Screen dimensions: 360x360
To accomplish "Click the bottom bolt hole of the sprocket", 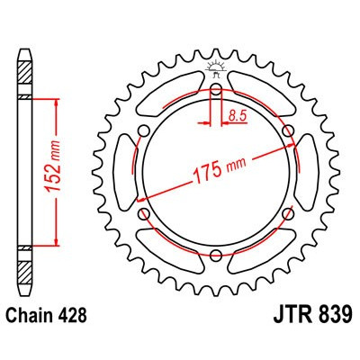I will pos(216,256).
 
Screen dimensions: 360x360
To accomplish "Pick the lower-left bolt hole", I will pos(145,214).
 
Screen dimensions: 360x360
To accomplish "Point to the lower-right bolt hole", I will pos(287,214).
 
